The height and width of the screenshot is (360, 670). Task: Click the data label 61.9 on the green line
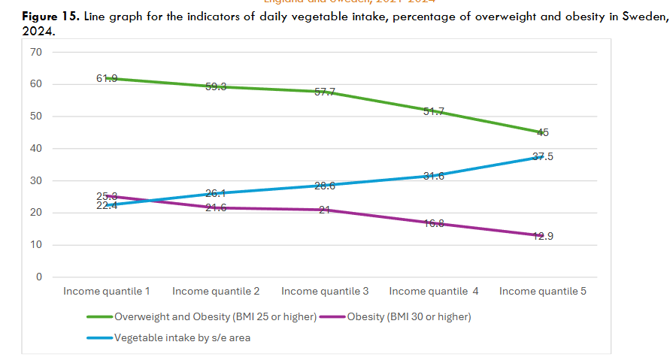pyautogui.click(x=107, y=77)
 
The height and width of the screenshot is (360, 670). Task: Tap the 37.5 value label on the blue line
pyautogui.click(x=543, y=156)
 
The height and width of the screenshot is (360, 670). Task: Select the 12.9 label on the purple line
pyautogui.click(x=543, y=236)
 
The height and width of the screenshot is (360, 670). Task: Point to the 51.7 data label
pyautogui.click(x=434, y=112)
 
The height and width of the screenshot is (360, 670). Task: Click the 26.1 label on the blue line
pyautogui.click(x=216, y=193)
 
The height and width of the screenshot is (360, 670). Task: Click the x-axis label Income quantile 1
pyautogui.click(x=107, y=291)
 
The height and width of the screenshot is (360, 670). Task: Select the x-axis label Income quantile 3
pyautogui.click(x=325, y=291)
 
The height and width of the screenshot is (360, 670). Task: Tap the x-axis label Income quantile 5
pyautogui.click(x=543, y=291)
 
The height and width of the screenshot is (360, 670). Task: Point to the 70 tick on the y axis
pyautogui.click(x=36, y=52)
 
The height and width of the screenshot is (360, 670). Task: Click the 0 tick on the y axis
pyautogui.click(x=39, y=277)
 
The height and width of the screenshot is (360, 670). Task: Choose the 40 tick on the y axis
pyautogui.click(x=36, y=149)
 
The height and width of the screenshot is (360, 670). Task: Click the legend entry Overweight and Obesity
pyautogui.click(x=215, y=316)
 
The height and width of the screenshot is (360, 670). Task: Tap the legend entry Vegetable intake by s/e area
pyautogui.click(x=182, y=337)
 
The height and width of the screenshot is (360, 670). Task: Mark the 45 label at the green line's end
pyautogui.click(x=543, y=132)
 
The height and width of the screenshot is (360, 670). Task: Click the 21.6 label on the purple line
pyautogui.click(x=216, y=207)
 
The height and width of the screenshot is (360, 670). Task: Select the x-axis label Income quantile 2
pyautogui.click(x=216, y=291)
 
